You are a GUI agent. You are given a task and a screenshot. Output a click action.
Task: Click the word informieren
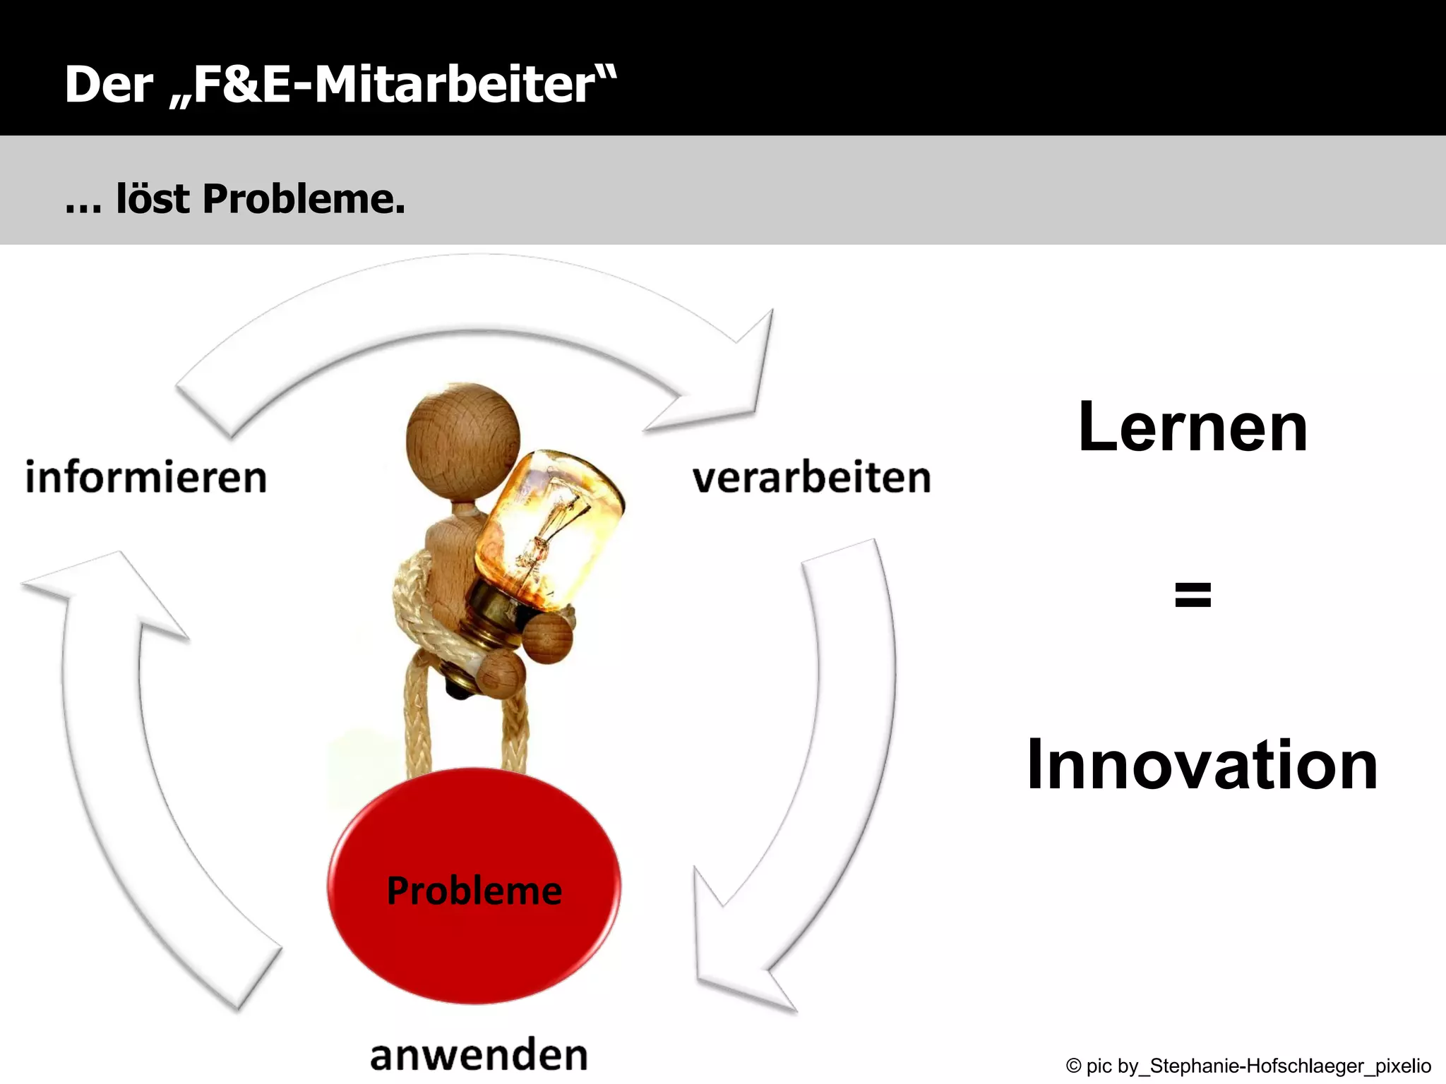(x=146, y=478)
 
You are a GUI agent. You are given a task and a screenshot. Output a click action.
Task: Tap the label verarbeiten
(x=811, y=478)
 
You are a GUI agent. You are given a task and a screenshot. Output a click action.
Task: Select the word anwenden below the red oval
(x=479, y=1055)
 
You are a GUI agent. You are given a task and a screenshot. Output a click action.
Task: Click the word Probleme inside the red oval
(x=474, y=891)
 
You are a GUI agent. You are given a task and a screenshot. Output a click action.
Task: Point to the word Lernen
(x=1193, y=428)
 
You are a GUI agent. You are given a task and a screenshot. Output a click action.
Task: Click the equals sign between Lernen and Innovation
(x=1193, y=594)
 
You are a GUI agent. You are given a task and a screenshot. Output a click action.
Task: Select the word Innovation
(x=1202, y=765)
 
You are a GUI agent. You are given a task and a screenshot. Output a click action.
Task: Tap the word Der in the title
(x=109, y=85)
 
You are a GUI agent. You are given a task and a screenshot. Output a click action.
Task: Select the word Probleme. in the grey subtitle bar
(x=304, y=199)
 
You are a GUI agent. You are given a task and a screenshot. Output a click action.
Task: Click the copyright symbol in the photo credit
(x=1073, y=1066)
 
